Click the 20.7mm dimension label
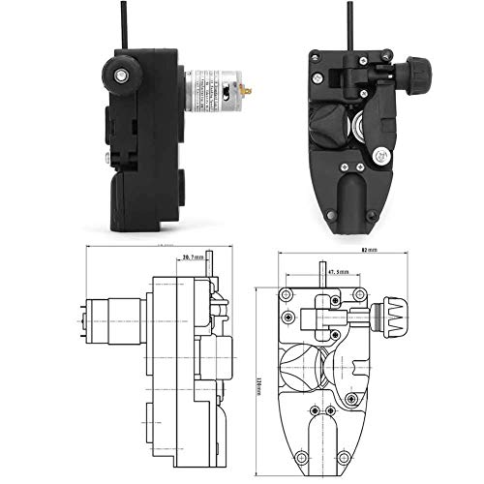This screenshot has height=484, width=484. click(x=193, y=257)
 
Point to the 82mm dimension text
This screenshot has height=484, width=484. click(x=365, y=250)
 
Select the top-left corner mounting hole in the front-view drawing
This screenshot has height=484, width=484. click(x=287, y=292)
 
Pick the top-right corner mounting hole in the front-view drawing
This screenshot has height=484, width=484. click(x=360, y=292)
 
